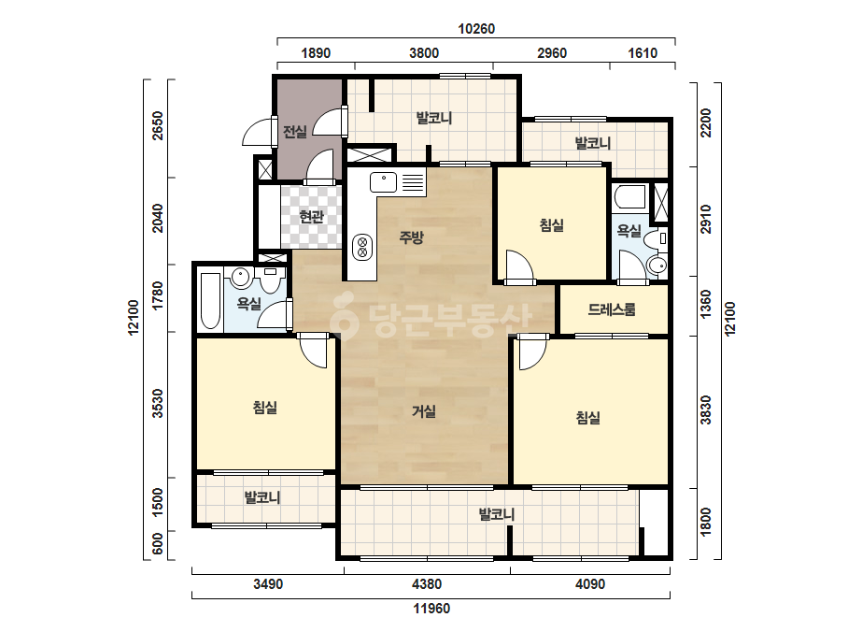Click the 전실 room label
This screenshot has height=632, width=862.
tap(294, 132)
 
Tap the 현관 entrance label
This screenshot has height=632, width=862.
tap(311, 217)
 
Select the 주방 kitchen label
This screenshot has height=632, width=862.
tap(411, 237)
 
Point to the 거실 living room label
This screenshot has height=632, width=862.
tap(423, 410)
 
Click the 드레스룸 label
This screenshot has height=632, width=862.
tap(612, 309)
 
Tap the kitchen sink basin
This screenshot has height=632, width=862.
tap(383, 182)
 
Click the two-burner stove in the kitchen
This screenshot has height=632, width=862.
tap(362, 247)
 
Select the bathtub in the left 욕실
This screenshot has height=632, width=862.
tap(210, 301)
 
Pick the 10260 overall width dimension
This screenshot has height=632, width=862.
tap(476, 29)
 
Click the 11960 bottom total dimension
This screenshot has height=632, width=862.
tap(431, 609)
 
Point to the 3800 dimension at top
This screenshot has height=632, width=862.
tap(424, 53)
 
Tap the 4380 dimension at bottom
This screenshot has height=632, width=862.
tap(427, 583)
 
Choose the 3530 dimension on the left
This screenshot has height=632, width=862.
tap(158, 404)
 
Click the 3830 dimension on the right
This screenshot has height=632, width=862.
tap(706, 410)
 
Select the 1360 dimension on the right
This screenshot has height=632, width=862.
tap(706, 304)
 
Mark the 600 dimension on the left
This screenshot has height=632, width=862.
tap(158, 544)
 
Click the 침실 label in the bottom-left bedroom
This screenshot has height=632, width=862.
tap(264, 408)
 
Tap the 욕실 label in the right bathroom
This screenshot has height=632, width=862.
tap(629, 231)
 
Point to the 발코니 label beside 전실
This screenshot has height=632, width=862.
tap(433, 118)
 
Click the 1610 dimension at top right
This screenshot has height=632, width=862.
tap(643, 53)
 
